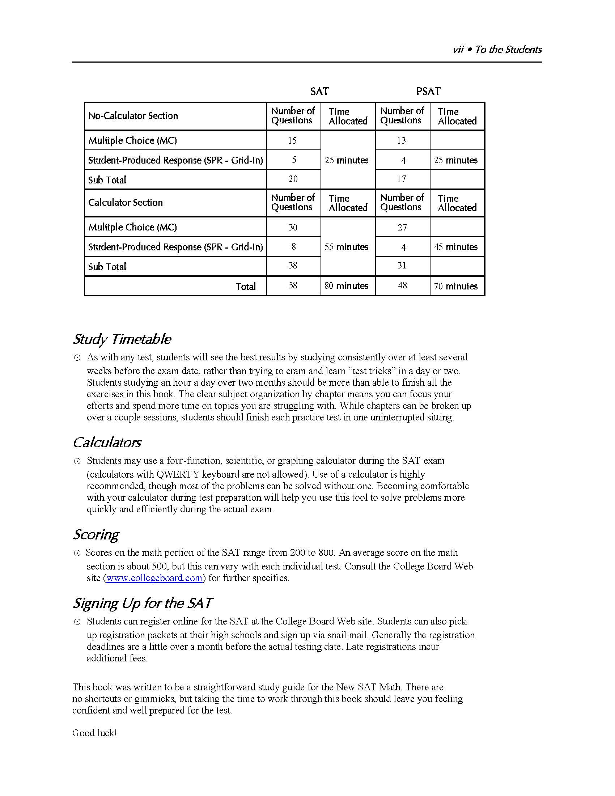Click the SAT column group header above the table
pos(319,91)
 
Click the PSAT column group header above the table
pos(428,91)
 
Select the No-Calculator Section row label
pos(133,116)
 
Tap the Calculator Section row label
pos(125,203)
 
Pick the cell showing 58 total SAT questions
pos(293,285)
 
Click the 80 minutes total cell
pos(346,286)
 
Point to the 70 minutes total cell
pos(455,286)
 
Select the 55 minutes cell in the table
pos(346,247)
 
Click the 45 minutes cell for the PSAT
pos(455,247)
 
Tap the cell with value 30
pos(293,228)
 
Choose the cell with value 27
pos(402,228)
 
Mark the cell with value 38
pos(293,266)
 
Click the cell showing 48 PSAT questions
pos(402,285)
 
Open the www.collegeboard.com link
pos(154,578)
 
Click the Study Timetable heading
pos(122,339)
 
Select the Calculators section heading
pos(107,443)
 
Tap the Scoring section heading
pos(96,534)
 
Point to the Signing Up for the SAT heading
pos(142,603)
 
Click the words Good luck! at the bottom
pos(94,733)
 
